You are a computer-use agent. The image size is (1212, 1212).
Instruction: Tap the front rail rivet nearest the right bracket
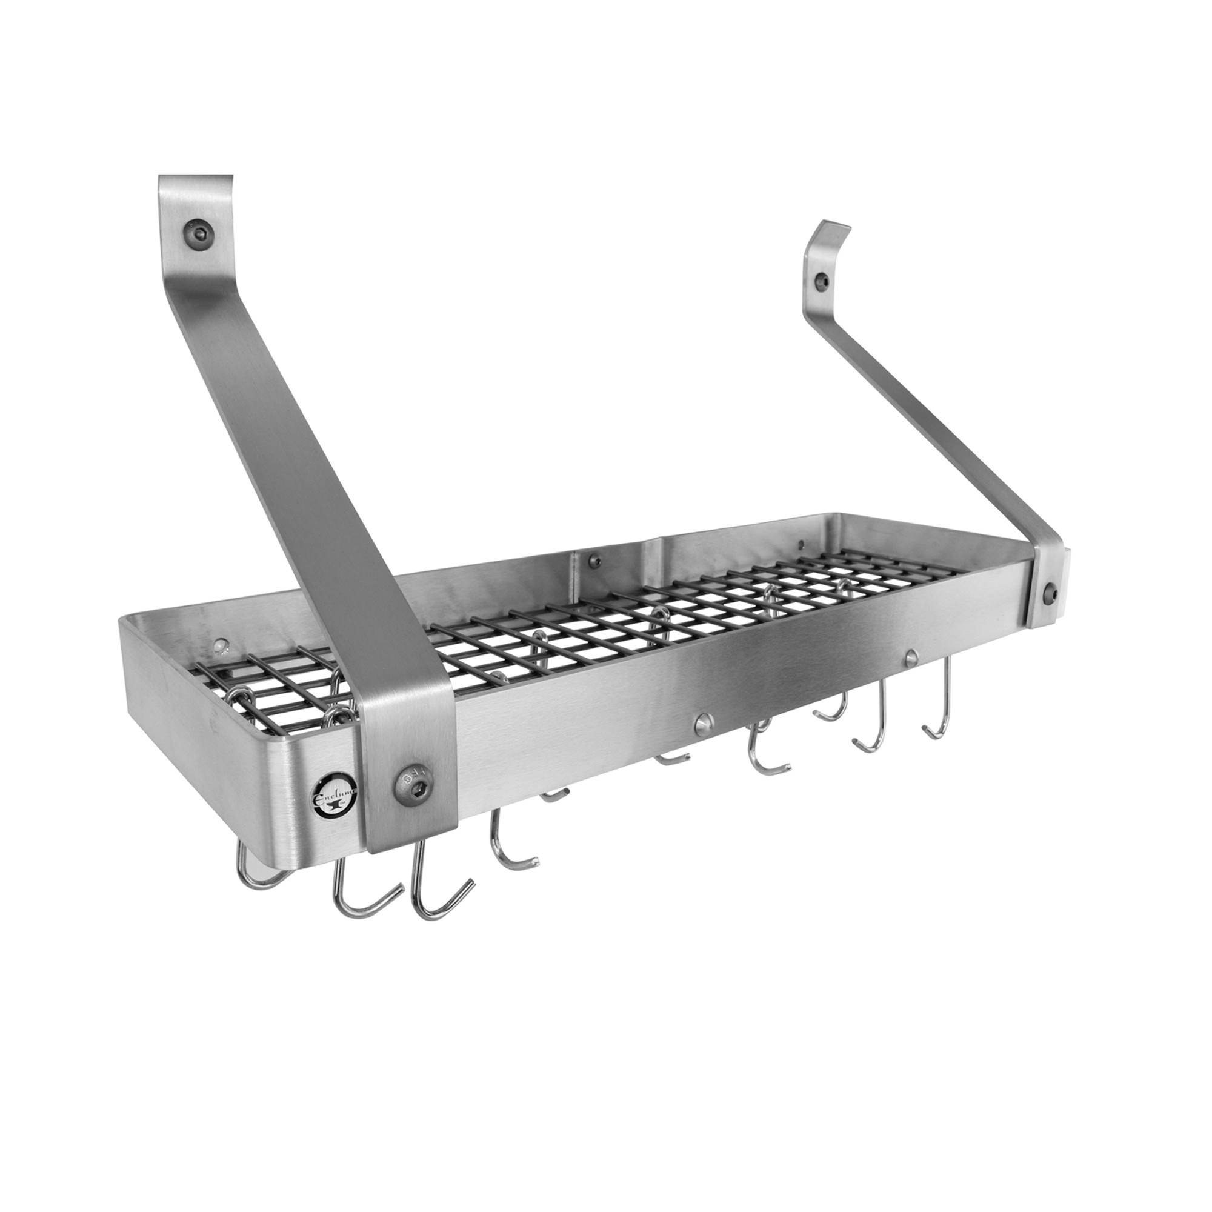pyautogui.click(x=911, y=656)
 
